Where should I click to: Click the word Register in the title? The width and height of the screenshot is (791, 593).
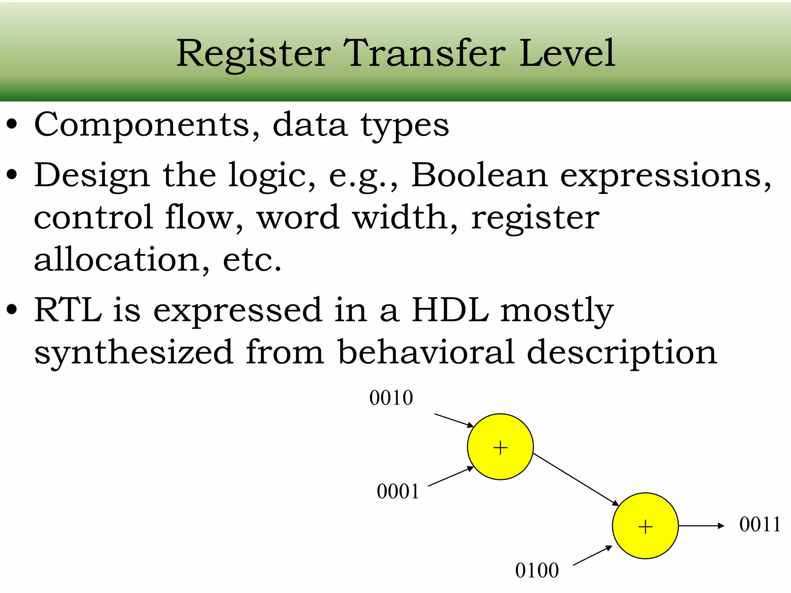253,54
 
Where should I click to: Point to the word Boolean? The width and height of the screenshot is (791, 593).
479,176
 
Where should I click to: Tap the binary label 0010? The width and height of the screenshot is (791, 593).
391,398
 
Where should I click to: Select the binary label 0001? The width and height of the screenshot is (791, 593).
398,492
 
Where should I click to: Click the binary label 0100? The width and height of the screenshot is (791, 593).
537,571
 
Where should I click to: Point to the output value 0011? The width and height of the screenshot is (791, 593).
760,525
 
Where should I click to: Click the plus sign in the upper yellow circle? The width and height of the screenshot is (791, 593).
500,448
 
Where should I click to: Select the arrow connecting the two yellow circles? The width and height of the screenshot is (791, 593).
575,479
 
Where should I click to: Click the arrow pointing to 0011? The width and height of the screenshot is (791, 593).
701,526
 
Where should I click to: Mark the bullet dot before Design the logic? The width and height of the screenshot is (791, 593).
12,175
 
